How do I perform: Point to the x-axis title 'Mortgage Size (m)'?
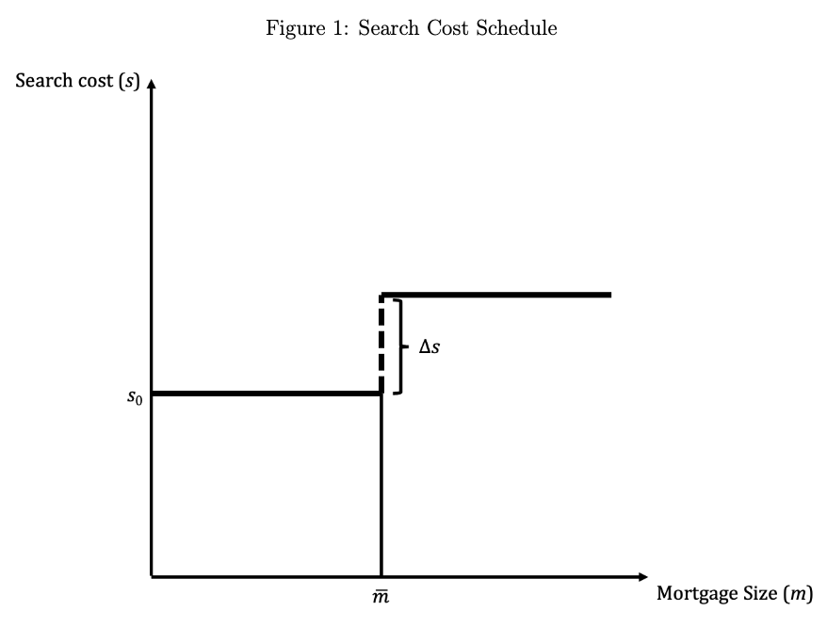[x=734, y=593]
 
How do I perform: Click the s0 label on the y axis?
[x=135, y=396]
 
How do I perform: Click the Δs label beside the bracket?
[x=430, y=346]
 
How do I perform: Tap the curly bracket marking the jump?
[x=400, y=346]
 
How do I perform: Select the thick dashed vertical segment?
[x=381, y=345]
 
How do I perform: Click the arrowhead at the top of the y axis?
[x=151, y=88]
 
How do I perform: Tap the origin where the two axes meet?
[x=152, y=575]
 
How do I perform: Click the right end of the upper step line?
[x=609, y=295]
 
